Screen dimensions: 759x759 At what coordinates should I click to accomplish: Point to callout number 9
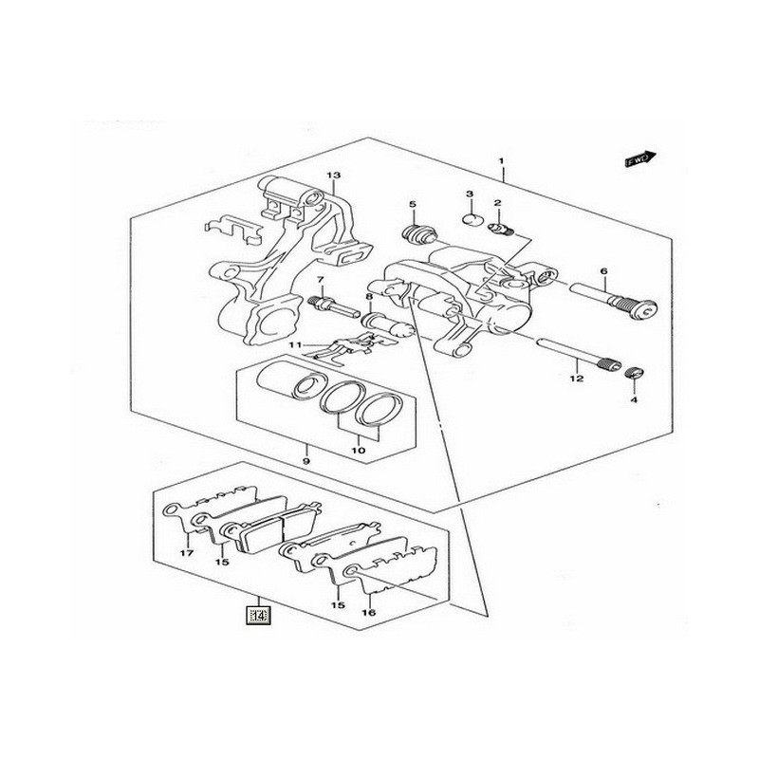click(x=306, y=461)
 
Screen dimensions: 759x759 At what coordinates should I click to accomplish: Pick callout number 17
click(x=186, y=553)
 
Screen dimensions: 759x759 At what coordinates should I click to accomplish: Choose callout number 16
click(x=369, y=613)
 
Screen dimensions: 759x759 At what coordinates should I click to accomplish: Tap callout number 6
click(x=602, y=272)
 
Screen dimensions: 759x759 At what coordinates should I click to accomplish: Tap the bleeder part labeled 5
click(x=415, y=234)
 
